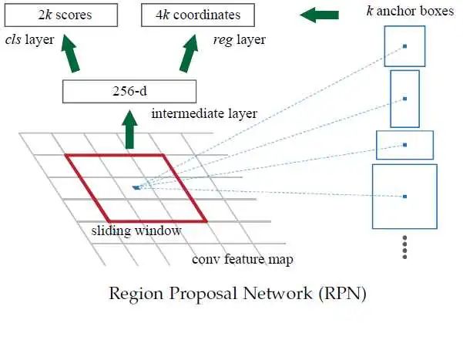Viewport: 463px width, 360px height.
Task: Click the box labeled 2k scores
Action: click(64, 15)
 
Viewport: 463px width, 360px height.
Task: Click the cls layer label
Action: click(28, 39)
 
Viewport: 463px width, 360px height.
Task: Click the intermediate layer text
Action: click(204, 114)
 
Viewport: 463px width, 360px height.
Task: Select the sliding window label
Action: click(136, 230)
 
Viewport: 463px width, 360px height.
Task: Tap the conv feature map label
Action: click(242, 259)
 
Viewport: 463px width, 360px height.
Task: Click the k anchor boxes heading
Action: click(410, 12)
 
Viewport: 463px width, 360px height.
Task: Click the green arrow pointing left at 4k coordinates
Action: click(319, 15)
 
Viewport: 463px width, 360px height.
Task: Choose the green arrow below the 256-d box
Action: click(129, 129)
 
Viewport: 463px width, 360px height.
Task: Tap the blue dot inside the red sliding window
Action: click(136, 187)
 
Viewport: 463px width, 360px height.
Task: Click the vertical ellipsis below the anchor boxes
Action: click(405, 248)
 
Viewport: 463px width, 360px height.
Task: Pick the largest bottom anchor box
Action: click(404, 197)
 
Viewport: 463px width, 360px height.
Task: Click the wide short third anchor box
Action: click(404, 144)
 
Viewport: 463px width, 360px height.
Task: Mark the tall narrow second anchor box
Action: click(404, 98)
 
